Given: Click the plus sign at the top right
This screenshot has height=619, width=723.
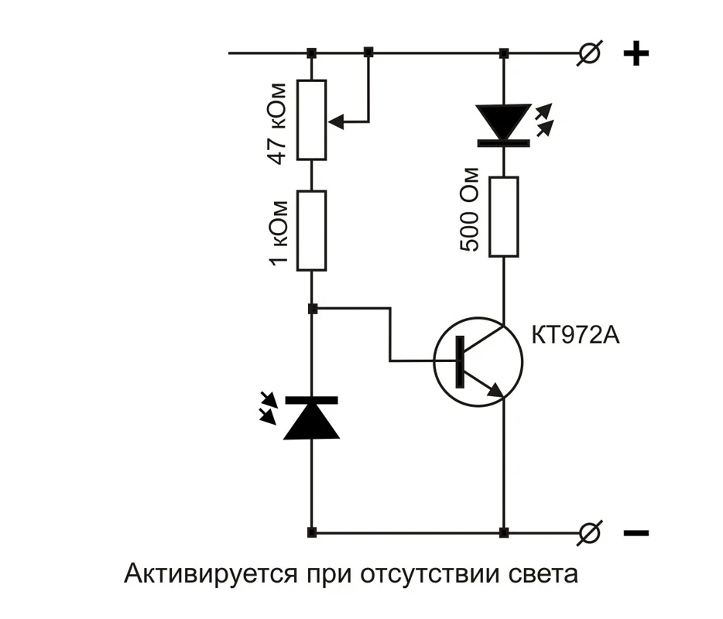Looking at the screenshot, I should tap(636, 54).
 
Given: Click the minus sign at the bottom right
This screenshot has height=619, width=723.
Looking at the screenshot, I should tap(636, 533).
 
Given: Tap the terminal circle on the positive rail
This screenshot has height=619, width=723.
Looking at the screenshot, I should tap(591, 53).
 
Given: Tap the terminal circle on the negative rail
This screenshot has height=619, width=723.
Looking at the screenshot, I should tap(591, 532).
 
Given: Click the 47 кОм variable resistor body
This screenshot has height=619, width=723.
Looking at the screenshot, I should tap(312, 120).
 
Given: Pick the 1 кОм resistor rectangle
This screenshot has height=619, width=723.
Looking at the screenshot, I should tap(312, 231).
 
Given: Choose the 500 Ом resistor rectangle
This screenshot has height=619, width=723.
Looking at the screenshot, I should tap(504, 217).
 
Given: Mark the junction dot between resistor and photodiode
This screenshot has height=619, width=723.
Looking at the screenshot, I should tap(312, 309).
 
